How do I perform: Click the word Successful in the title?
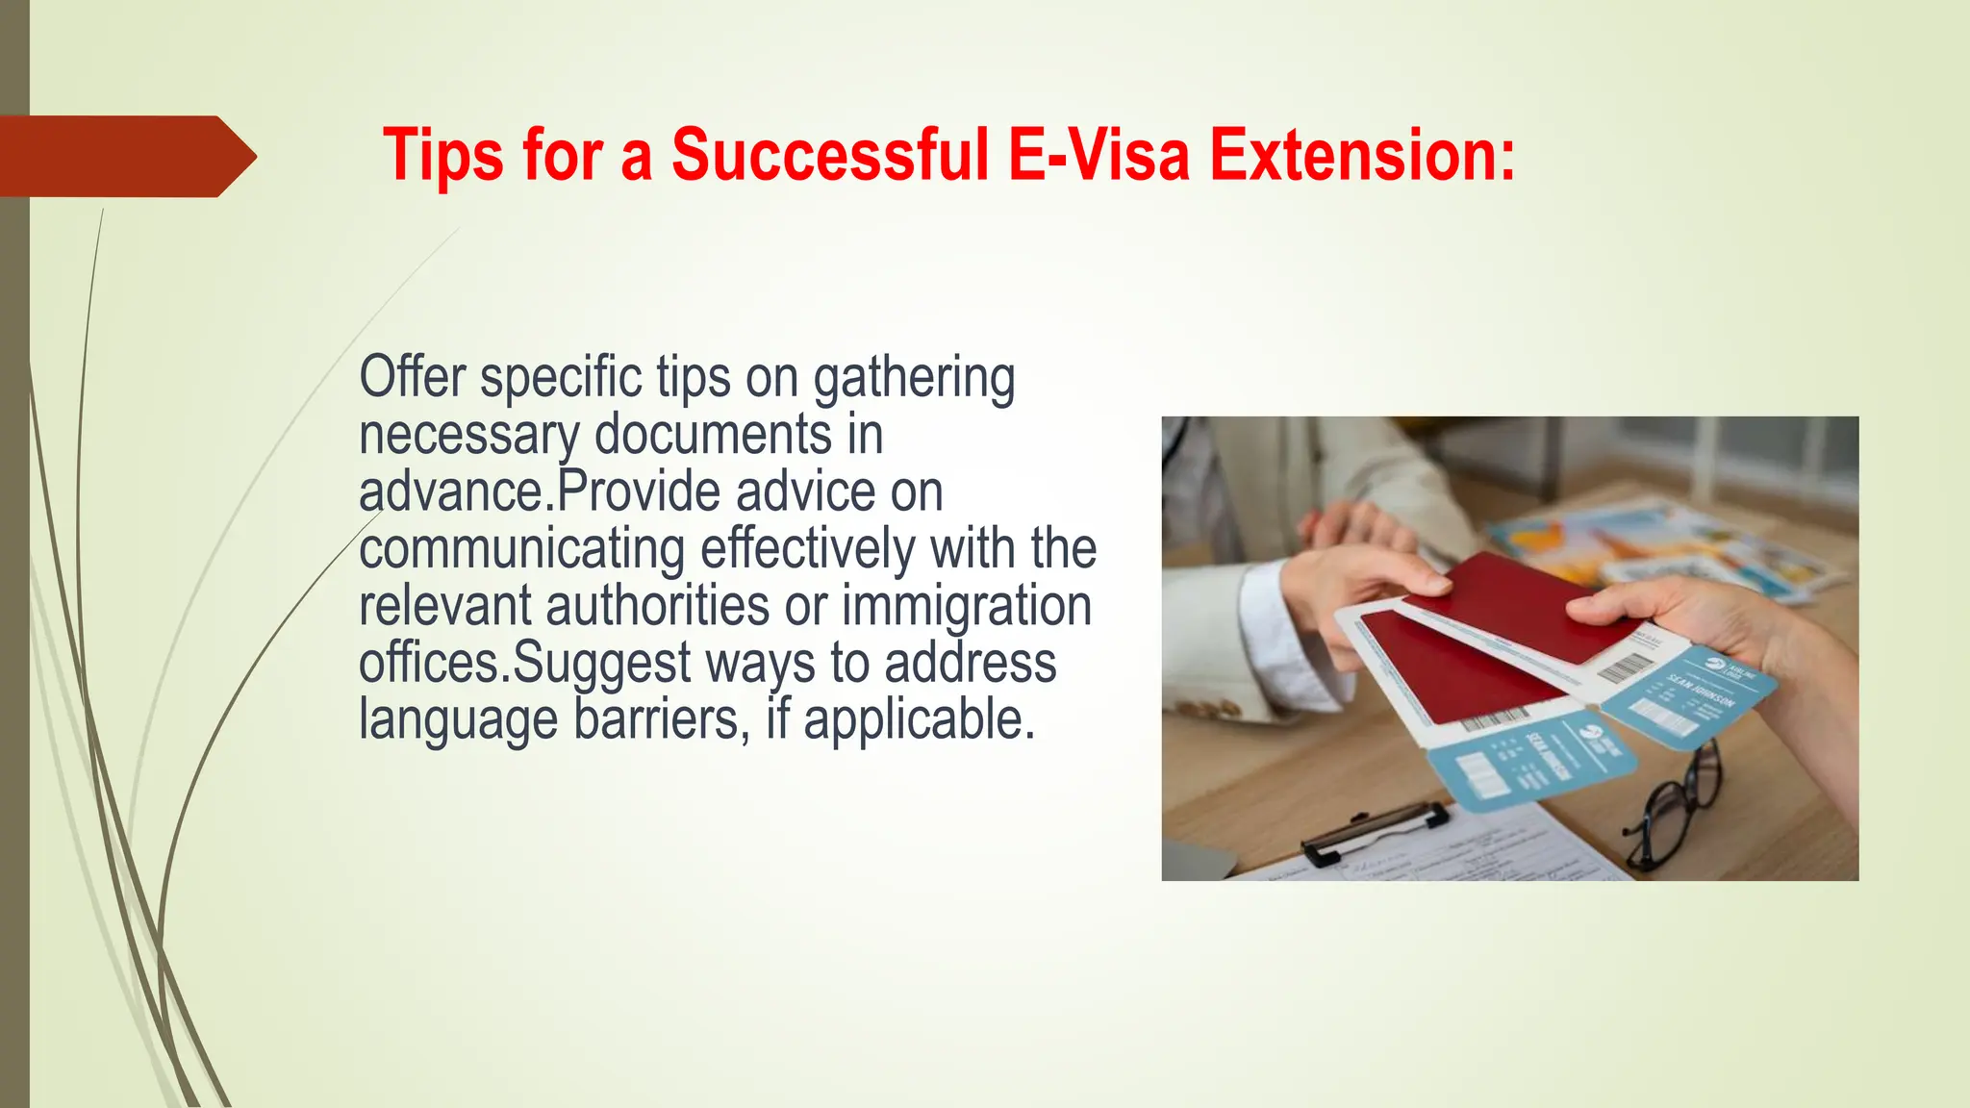pos(829,155)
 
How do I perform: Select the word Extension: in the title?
pos(1362,155)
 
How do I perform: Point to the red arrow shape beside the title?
pos(125,156)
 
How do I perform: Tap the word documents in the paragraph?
pos(713,435)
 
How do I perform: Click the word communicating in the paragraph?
pos(521,550)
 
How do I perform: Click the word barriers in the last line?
pos(661,719)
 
